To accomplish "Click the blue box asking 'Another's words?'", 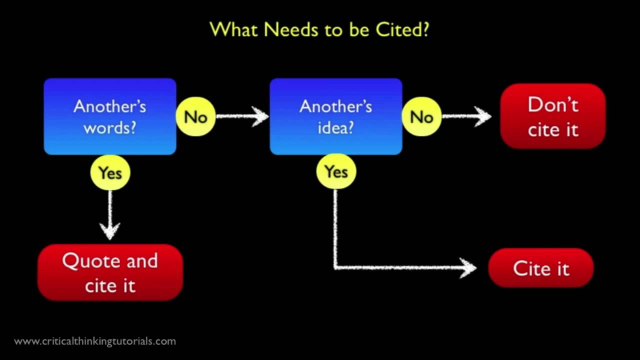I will (x=110, y=116).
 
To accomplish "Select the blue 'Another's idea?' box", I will (x=336, y=116).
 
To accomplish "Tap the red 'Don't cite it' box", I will (x=553, y=116).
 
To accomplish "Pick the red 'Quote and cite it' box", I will (x=110, y=272).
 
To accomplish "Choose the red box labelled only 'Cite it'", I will (x=541, y=268).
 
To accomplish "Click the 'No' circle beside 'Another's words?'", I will (x=195, y=116).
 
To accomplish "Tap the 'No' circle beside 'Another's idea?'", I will (x=421, y=116).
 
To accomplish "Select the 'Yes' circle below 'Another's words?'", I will (x=110, y=172).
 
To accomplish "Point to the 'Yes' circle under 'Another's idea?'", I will (x=336, y=171).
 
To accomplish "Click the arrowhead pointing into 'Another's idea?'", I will (x=261, y=116).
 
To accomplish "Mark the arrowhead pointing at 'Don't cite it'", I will (x=483, y=116).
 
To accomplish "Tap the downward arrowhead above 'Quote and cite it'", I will (x=110, y=231).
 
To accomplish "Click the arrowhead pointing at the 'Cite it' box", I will (x=468, y=268).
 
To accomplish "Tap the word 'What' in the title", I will (x=234, y=29).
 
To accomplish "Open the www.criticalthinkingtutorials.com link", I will (x=95, y=341).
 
